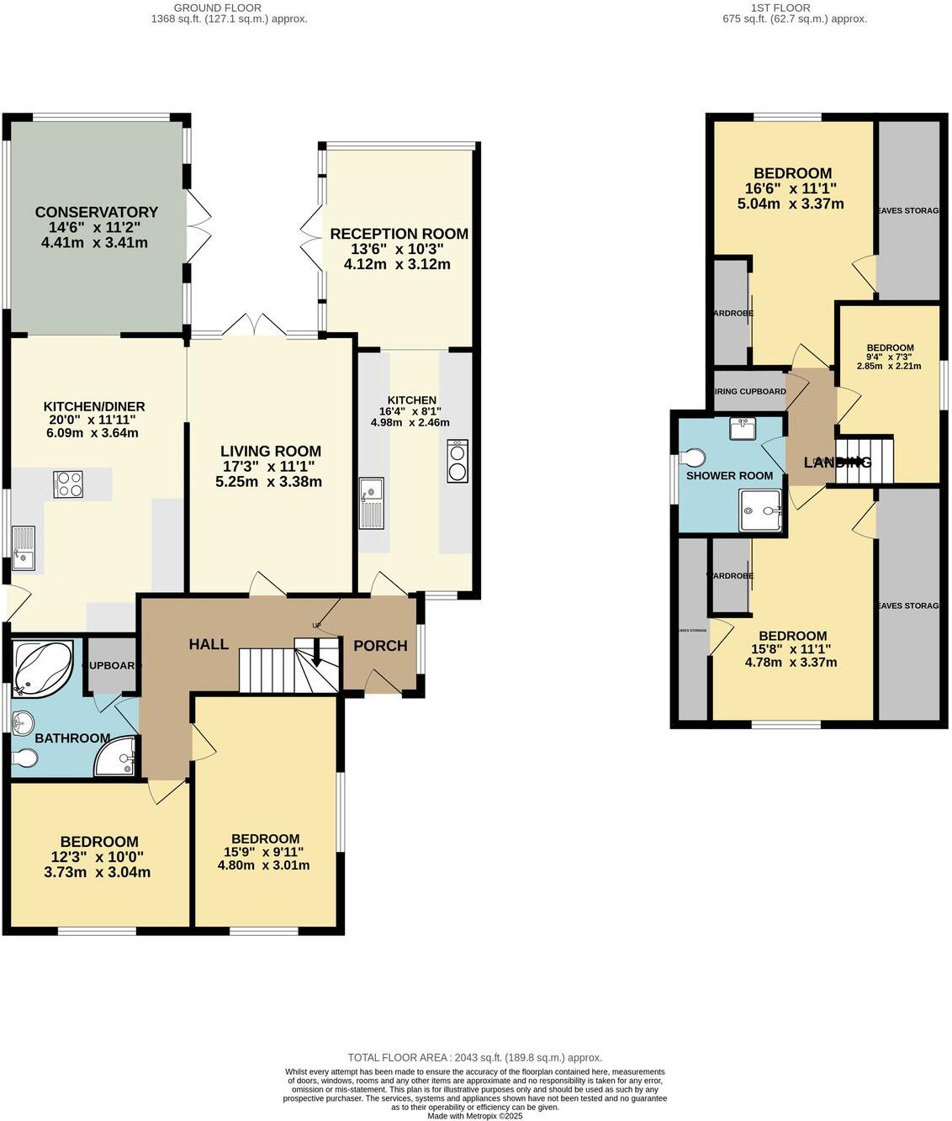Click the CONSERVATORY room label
coord(96,212)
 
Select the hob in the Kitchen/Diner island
coord(68,484)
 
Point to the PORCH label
coord(380,646)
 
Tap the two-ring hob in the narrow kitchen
coord(458,461)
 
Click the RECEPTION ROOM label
coord(399,234)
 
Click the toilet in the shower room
coord(694,457)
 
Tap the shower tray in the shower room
coord(760,511)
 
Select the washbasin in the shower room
coord(743,429)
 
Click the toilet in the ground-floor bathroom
coord(24,759)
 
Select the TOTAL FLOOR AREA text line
coord(475,1058)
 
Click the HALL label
coord(208,644)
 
